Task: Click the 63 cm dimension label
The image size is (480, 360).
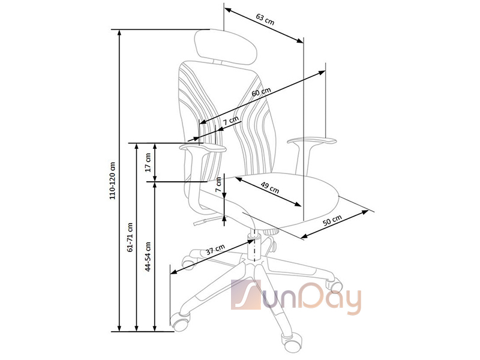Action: (x=265, y=20)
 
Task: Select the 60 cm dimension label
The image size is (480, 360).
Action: (x=261, y=92)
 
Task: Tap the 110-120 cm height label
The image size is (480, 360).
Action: (x=113, y=181)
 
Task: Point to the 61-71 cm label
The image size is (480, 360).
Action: (x=130, y=238)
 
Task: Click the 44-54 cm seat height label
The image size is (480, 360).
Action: (x=148, y=257)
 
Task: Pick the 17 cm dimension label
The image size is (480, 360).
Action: (x=148, y=162)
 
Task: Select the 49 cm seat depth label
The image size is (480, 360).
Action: (x=270, y=188)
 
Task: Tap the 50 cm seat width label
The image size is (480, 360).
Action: (x=332, y=220)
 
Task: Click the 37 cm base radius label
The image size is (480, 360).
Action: (x=215, y=250)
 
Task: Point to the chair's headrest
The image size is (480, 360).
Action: (x=226, y=47)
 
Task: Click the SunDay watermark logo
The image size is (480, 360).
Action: (x=296, y=296)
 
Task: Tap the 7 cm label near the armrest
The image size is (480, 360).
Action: (x=230, y=121)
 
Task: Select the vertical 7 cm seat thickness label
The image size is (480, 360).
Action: (x=218, y=185)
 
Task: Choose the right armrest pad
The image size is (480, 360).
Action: (x=311, y=141)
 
